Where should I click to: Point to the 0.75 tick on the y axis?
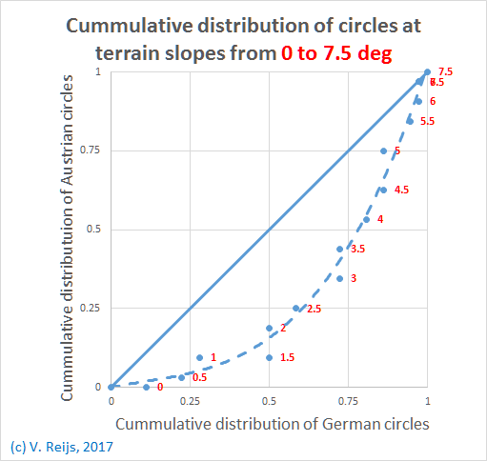pyautogui.click(x=93, y=150)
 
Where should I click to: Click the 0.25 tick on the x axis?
pyautogui.click(x=190, y=402)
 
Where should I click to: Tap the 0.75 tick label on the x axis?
pyautogui.click(x=348, y=402)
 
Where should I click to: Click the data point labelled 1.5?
pyautogui.click(x=270, y=357)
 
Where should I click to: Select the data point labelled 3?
pyautogui.click(x=339, y=278)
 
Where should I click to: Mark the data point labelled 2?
pyautogui.click(x=269, y=328)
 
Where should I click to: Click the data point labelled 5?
pyautogui.click(x=383, y=151)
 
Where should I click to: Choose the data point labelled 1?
pyautogui.click(x=199, y=357)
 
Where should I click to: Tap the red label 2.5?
pyautogui.click(x=314, y=309)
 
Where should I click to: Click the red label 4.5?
pyautogui.click(x=401, y=190)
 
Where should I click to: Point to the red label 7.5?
pyautogui.click(x=445, y=72)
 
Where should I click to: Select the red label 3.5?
pyautogui.click(x=357, y=250)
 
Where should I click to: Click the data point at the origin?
pyautogui.click(x=112, y=387)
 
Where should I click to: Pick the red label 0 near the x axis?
pyautogui.click(x=160, y=388)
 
